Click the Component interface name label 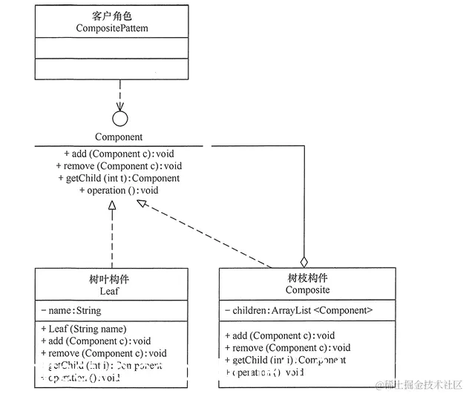(x=119, y=137)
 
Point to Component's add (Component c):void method (x=119, y=154)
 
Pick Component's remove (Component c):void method (x=119, y=165)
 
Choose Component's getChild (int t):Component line (x=119, y=178)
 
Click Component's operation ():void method (x=119, y=190)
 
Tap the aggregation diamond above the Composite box (x=303, y=261)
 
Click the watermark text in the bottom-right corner (x=420, y=384)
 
